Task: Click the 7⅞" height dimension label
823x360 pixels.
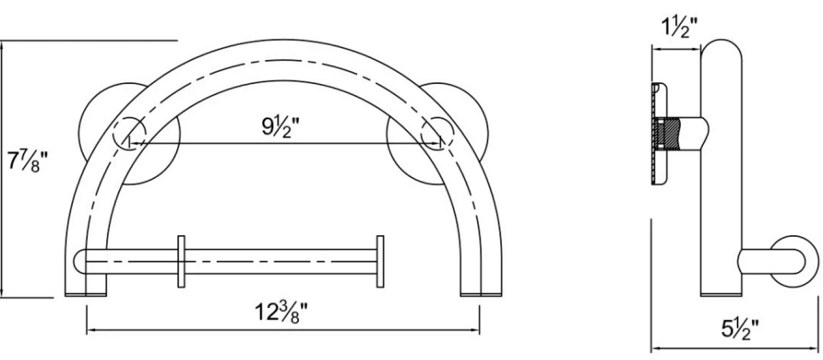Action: (x=28, y=161)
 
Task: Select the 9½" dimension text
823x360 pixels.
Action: (x=280, y=127)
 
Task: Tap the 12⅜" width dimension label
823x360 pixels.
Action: (x=282, y=312)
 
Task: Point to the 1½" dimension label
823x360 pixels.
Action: (x=679, y=27)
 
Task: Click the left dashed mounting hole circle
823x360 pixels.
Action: (x=130, y=133)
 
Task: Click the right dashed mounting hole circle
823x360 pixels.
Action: (x=437, y=133)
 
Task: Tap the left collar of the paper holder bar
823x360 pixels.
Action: (x=181, y=261)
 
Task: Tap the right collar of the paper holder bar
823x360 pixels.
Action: (x=380, y=261)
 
